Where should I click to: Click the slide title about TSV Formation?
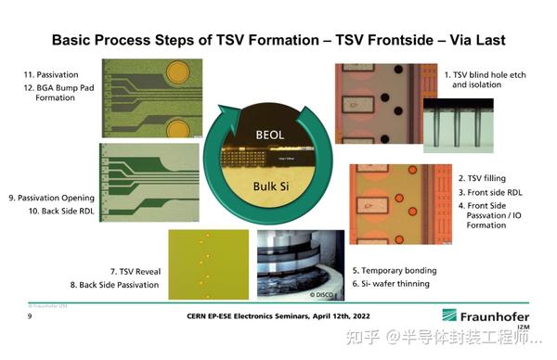278,40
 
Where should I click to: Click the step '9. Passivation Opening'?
50,197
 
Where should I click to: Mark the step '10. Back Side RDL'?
55,212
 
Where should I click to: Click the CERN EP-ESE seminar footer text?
278,317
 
